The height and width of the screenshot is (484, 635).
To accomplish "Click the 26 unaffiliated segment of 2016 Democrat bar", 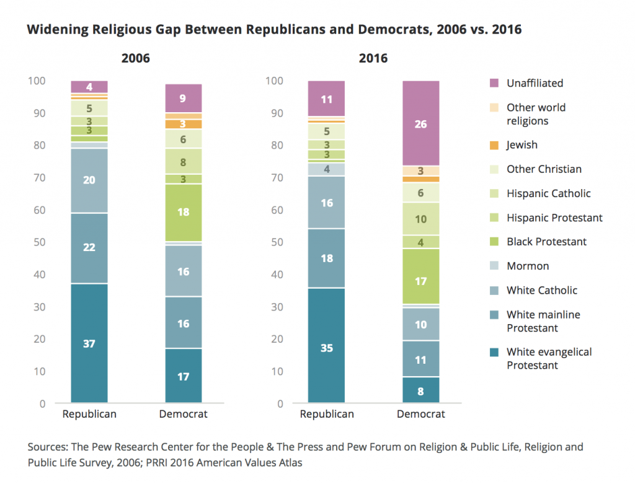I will tap(420, 123).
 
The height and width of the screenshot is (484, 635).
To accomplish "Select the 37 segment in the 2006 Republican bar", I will tap(89, 343).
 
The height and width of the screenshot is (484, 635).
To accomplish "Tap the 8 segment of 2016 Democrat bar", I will tap(420, 390).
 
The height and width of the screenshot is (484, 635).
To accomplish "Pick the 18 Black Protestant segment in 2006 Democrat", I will tap(184, 213).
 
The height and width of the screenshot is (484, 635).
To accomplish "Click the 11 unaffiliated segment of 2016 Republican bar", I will tap(326, 99).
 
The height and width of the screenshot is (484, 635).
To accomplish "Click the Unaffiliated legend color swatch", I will tap(494, 83).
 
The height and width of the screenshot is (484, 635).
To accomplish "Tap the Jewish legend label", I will tap(522, 145).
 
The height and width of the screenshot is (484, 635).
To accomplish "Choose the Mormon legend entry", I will tap(527, 266).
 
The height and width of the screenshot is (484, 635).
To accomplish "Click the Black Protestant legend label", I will tap(546, 242).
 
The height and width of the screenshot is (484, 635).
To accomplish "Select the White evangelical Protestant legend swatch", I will tap(494, 352).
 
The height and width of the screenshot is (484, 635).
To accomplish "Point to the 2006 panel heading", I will tap(136, 59).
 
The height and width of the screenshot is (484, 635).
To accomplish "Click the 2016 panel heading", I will tap(373, 59).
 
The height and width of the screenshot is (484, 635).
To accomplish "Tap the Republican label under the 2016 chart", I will tap(326, 414).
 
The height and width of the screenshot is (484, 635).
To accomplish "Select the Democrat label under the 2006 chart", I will tap(183, 414).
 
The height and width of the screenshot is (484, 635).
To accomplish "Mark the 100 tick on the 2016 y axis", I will tap(274, 81).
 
